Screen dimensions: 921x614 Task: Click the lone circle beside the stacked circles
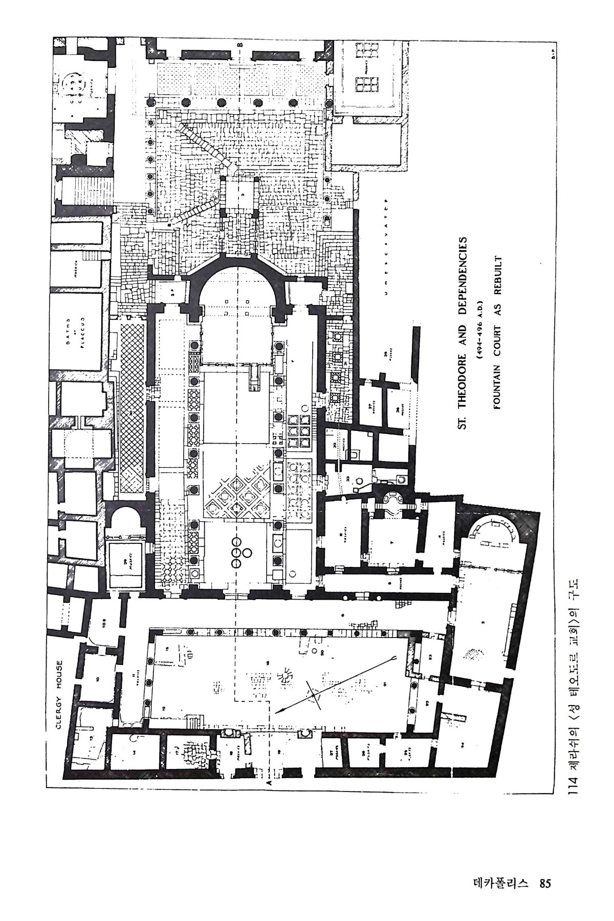248,553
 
